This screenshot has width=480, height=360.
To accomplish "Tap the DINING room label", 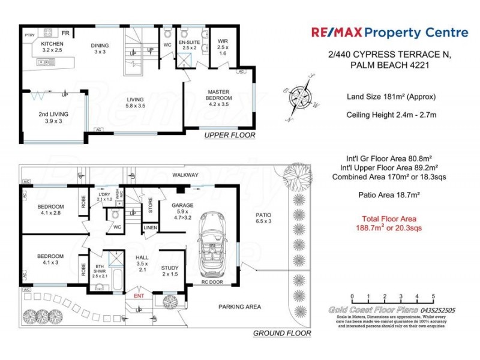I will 100,44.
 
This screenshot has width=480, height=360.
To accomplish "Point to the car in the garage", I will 214,244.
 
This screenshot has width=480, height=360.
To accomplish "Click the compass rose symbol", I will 299,95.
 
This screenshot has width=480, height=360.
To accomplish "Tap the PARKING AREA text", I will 239,307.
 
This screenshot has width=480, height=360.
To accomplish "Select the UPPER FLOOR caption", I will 230,136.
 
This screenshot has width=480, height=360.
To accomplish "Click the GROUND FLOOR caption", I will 282,333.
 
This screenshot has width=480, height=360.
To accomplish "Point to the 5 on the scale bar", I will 433,296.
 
